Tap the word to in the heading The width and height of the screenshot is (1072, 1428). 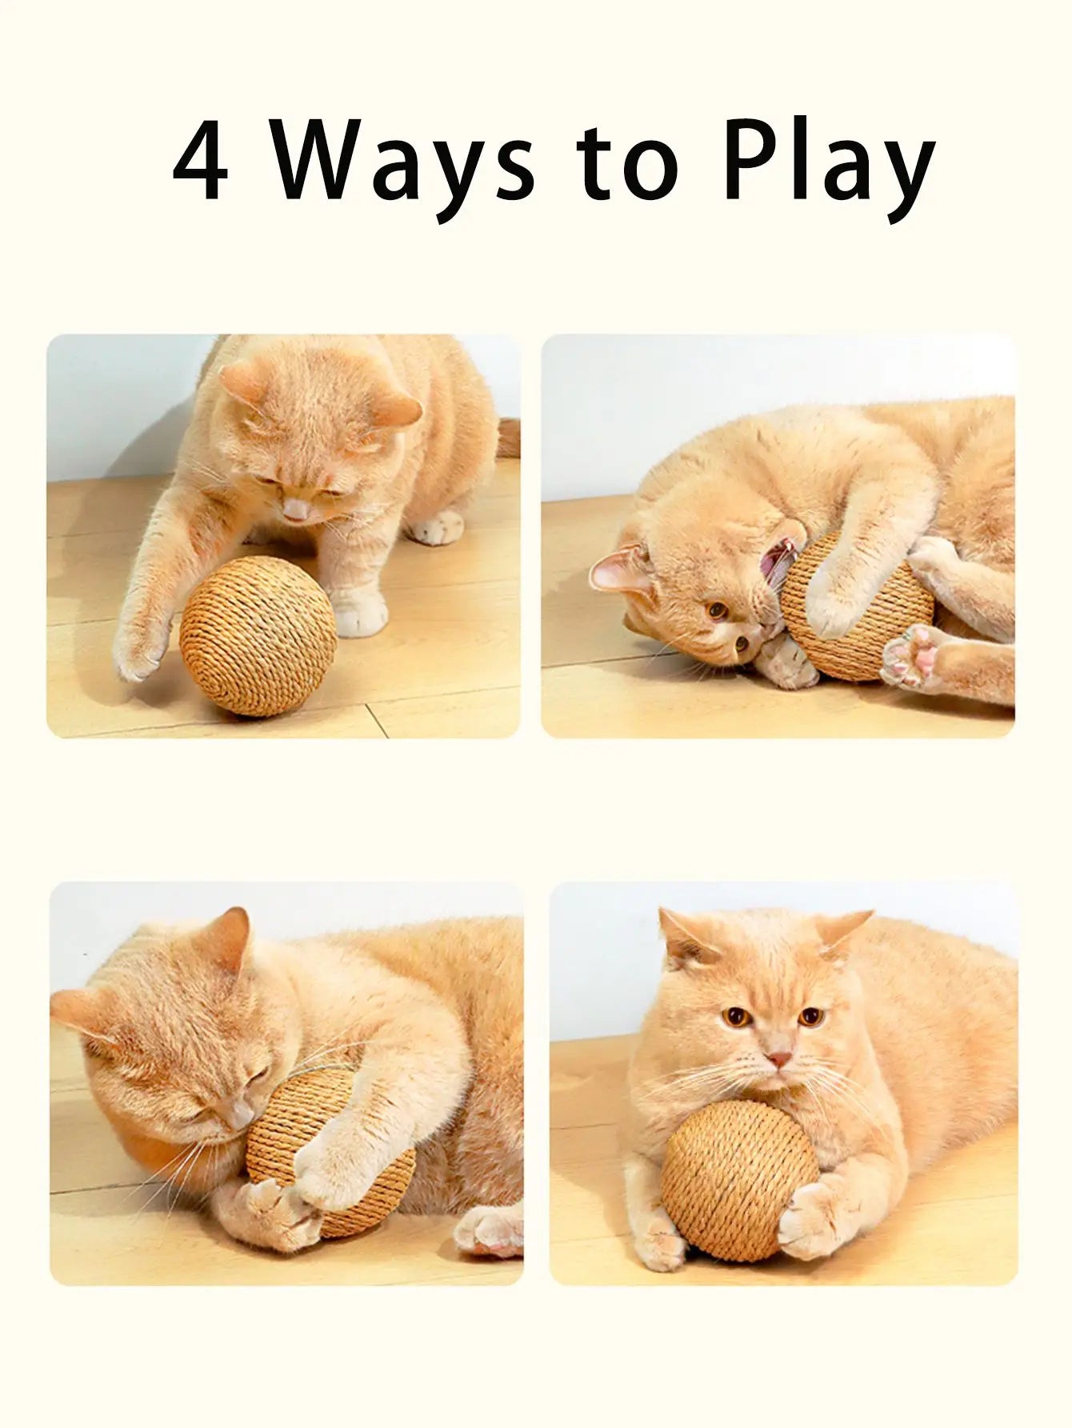pos(634,164)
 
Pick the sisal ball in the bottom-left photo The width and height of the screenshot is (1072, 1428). pos(336,1152)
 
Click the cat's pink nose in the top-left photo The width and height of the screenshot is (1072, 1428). pos(297,509)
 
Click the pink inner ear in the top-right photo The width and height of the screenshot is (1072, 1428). pos(620,570)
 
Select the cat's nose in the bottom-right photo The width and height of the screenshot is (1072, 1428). pos(778,1058)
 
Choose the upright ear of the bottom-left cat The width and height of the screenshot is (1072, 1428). pos(228,940)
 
